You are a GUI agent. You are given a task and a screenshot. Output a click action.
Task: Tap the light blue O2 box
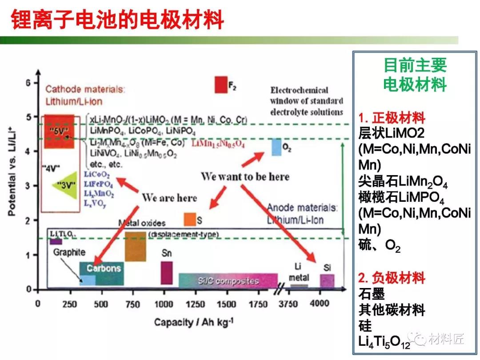276,147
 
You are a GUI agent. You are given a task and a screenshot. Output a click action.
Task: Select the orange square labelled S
190,219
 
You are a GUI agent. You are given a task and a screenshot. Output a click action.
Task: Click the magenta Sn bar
167,272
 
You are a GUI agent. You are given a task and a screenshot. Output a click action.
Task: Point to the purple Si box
327,281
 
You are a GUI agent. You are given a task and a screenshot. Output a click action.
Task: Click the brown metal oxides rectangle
136,246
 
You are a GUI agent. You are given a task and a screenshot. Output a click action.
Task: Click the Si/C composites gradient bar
228,280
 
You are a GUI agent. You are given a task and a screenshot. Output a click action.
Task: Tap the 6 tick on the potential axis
28,83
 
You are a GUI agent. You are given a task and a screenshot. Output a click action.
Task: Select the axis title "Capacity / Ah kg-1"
194,322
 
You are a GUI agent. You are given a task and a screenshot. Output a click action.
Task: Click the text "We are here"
169,197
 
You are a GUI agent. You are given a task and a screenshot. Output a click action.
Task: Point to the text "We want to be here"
245,176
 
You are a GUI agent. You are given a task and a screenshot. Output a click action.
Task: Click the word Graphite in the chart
69,252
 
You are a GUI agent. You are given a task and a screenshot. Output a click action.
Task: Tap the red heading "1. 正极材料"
392,118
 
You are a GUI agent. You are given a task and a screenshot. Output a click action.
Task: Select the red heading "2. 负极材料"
392,279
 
